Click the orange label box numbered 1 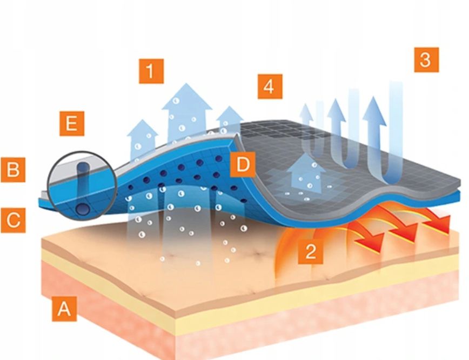coord(151,71)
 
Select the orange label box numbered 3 coord(426,59)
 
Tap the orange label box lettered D coord(243,164)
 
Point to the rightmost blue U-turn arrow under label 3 coord(378,135)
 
